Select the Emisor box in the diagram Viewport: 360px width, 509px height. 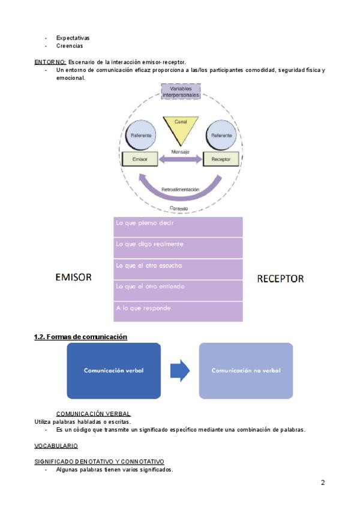[140, 159]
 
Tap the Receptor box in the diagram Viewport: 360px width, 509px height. [221, 159]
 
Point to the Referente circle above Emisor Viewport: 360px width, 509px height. [141, 136]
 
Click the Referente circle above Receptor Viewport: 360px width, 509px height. [221, 136]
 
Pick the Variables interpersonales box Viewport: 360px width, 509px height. [181, 92]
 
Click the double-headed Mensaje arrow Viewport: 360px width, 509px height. [181, 160]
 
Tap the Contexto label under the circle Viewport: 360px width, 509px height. [179, 208]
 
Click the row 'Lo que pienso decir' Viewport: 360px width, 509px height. [178, 227]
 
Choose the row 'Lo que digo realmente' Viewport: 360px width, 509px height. [178, 247]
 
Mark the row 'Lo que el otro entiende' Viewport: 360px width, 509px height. [178, 289]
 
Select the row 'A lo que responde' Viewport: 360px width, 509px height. [178, 311]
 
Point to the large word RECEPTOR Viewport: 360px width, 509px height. [280, 279]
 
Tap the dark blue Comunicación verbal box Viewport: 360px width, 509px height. [113, 370]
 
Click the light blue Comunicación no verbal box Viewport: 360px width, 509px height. [246, 370]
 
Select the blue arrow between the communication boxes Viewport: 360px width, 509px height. [180, 371]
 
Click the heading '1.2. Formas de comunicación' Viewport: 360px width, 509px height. [80, 337]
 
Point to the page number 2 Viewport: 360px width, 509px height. [323, 483]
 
